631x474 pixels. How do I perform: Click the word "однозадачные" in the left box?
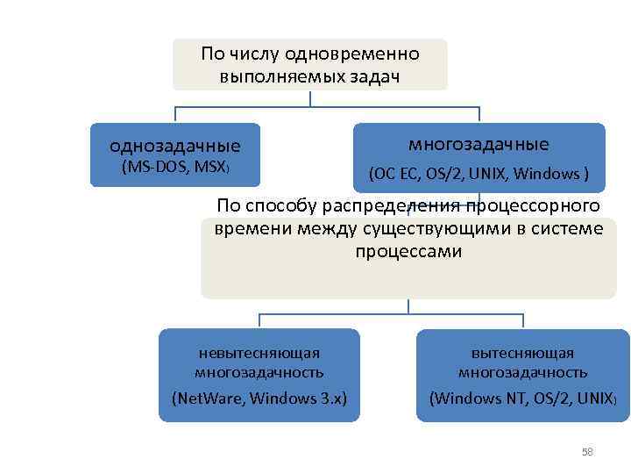coord(174,145)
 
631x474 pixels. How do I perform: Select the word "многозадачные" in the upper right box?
coord(479,143)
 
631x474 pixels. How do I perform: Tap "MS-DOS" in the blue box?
coord(145,166)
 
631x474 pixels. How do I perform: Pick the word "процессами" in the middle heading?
coord(408,252)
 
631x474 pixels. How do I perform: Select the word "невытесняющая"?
coord(259,353)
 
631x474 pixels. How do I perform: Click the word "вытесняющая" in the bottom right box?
coord(522,353)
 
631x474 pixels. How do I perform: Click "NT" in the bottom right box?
coord(510,399)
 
